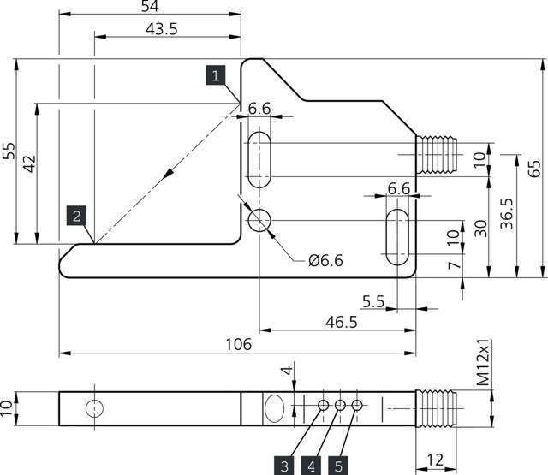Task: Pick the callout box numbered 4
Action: (x=312, y=466)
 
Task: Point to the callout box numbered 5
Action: (x=338, y=466)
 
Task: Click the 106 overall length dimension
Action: (x=237, y=344)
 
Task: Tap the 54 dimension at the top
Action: (x=149, y=7)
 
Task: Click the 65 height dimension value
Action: (x=535, y=168)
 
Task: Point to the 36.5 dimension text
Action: (x=506, y=215)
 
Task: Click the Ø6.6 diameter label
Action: (x=325, y=261)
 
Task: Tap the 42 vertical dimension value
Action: (x=29, y=164)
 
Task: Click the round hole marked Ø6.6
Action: (x=259, y=221)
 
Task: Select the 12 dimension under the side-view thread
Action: (x=435, y=460)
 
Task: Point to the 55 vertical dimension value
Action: (x=8, y=151)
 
